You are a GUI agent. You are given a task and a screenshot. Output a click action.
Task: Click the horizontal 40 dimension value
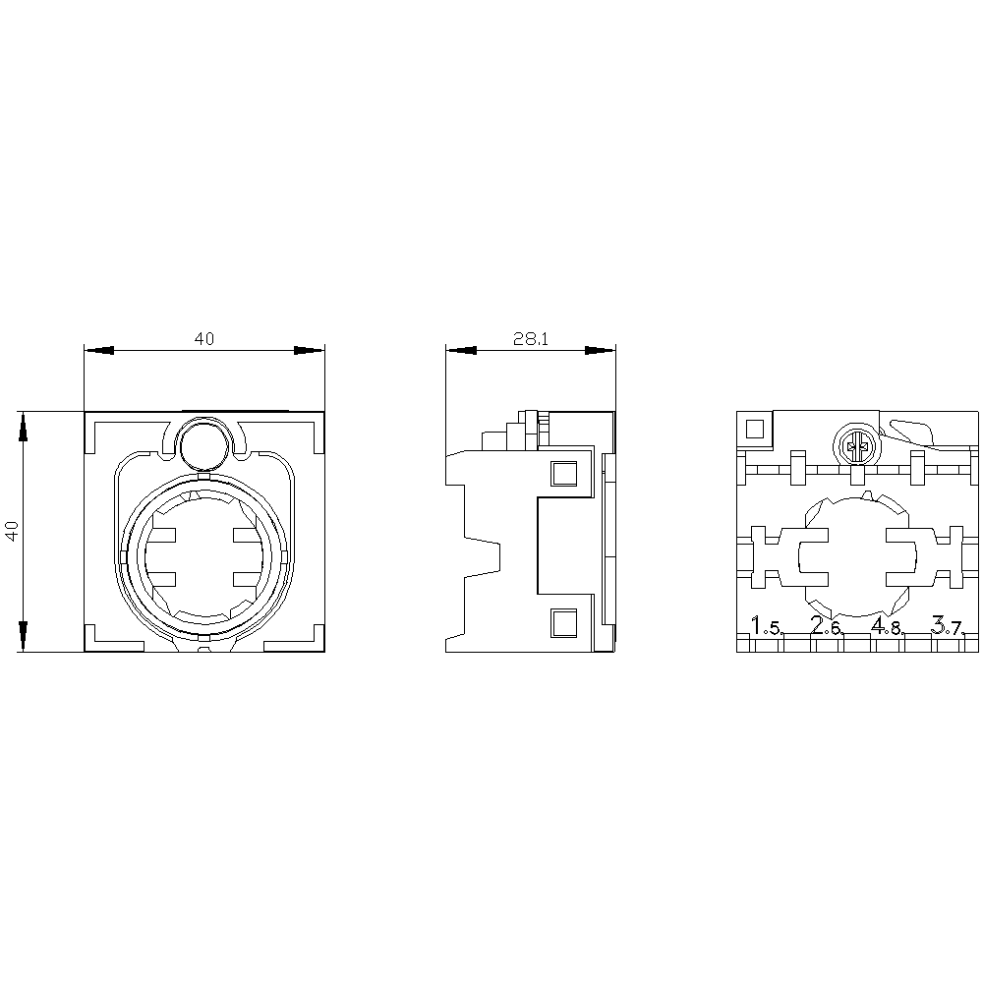pyautogui.click(x=203, y=339)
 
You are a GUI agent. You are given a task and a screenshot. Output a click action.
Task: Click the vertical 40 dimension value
pyautogui.click(x=12, y=531)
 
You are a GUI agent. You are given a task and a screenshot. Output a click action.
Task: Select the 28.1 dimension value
pyautogui.click(x=530, y=339)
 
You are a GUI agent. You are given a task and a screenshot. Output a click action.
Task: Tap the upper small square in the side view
pyautogui.click(x=563, y=474)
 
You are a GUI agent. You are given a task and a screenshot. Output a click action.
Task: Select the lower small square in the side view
pyautogui.click(x=563, y=622)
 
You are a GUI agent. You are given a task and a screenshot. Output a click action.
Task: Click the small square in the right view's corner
pyautogui.click(x=755, y=429)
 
